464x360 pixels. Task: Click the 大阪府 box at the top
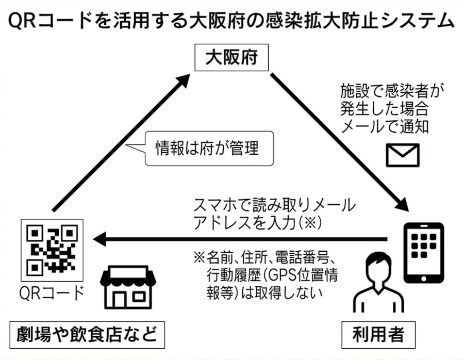231,58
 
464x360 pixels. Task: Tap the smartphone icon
422,253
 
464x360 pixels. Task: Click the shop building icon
127,289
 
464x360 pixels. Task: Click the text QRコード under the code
51,293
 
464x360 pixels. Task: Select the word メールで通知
384,126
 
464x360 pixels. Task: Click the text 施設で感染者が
392,92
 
